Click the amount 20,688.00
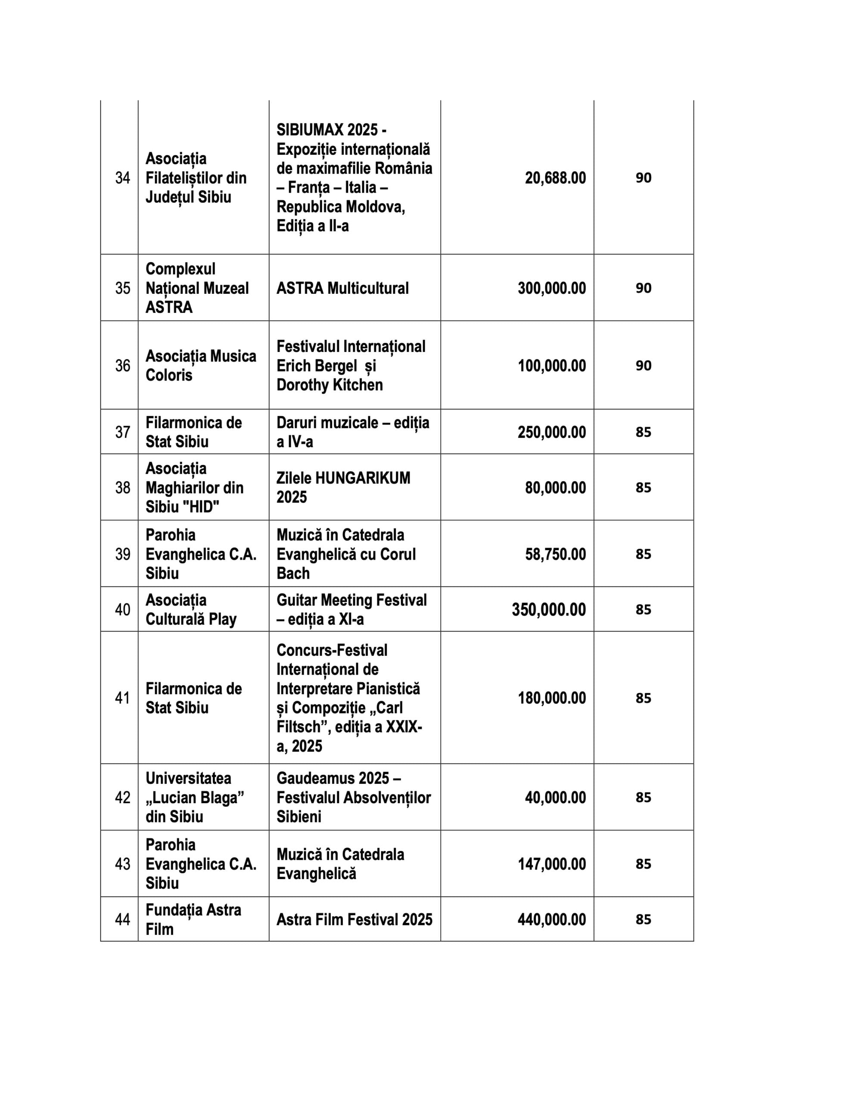(555, 178)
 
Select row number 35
(122, 288)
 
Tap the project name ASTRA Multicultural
(342, 288)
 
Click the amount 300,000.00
(551, 288)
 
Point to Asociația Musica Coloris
(200, 365)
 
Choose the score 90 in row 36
(643, 365)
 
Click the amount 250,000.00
(551, 432)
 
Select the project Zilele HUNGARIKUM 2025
(343, 487)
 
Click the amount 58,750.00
(555, 554)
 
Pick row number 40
(122, 610)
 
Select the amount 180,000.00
(551, 698)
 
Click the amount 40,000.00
(555, 798)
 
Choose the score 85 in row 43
(643, 863)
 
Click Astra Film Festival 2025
(354, 919)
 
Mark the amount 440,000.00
(551, 919)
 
